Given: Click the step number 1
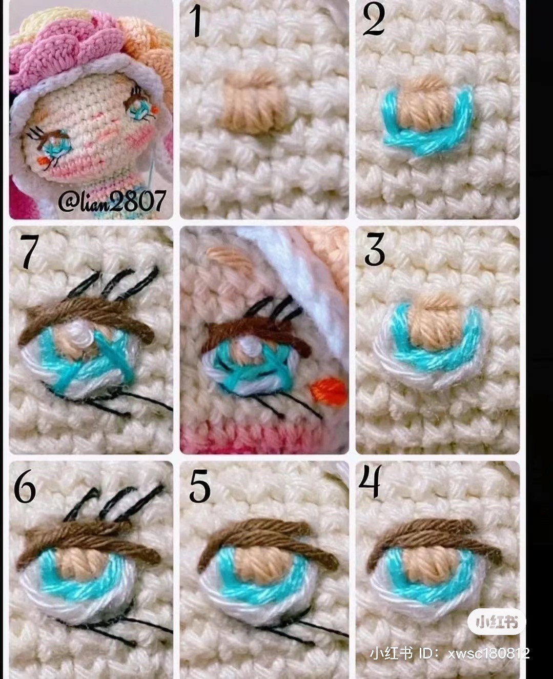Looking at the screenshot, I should pos(196,21).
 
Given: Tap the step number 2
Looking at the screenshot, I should pos(374,20).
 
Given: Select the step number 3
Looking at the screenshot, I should pos(375,250).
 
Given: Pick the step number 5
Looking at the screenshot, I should pos(199,486).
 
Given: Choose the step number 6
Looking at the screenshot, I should pos(25,486).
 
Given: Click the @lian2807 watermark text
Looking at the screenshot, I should pos(112,201).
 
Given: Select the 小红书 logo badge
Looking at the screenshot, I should pos(496,622).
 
